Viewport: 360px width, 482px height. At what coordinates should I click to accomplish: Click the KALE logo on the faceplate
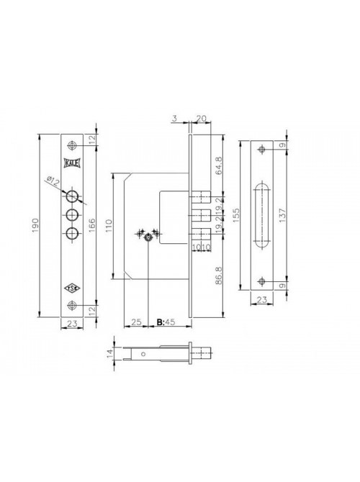tap(72, 163)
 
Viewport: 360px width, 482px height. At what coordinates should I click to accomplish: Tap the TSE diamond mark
tap(72, 288)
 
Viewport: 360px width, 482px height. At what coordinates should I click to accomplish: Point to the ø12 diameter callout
tap(53, 181)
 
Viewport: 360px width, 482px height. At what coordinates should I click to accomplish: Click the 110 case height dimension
tap(109, 226)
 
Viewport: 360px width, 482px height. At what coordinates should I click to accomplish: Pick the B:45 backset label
tap(166, 322)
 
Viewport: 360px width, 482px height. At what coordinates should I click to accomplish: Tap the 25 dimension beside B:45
tap(136, 322)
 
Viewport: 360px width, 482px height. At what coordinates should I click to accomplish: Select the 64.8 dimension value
tap(219, 165)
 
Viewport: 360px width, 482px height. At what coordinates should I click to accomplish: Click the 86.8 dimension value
tap(219, 275)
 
